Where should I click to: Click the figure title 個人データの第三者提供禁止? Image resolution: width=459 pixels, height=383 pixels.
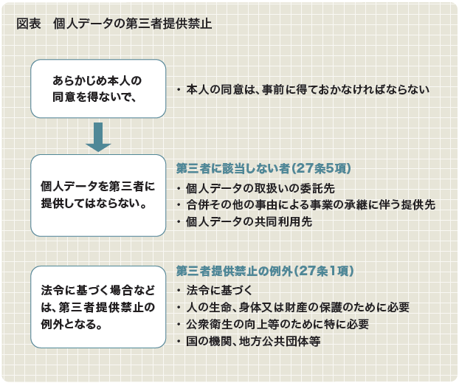(x=133, y=24)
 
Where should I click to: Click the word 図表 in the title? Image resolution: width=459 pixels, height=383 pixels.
(x=29, y=24)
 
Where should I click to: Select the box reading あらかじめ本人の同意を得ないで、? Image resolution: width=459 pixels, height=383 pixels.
(x=98, y=89)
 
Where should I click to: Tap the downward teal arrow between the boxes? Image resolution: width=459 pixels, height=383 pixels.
(x=98, y=137)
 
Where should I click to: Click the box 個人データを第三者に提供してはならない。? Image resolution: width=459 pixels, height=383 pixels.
(x=98, y=196)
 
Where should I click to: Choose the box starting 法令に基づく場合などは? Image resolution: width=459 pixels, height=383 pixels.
(x=98, y=307)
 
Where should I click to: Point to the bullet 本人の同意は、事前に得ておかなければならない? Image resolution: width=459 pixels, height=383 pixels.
(x=303, y=89)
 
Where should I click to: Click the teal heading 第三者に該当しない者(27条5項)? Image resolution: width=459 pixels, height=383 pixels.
(x=263, y=168)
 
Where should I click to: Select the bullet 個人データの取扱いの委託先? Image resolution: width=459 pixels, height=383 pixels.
(x=256, y=188)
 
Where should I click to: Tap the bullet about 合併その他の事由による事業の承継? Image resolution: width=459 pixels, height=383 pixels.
(x=306, y=204)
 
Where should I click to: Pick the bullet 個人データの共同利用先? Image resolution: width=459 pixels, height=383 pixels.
(x=244, y=221)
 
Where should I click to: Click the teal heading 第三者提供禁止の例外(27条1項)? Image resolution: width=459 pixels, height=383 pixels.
(x=265, y=271)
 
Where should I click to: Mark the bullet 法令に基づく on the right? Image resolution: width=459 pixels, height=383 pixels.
(x=214, y=291)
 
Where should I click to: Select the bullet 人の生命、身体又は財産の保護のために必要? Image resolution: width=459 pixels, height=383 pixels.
(x=293, y=307)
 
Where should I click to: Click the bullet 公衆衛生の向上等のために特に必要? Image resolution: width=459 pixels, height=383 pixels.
(x=272, y=324)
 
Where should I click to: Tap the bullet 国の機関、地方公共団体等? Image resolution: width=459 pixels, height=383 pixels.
(x=249, y=341)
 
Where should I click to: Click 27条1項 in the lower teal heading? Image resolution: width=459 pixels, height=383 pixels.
(x=325, y=271)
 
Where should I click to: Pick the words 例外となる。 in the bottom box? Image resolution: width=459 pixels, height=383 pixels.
(x=72, y=324)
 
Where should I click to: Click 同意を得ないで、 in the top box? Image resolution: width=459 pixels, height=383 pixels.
(x=94, y=97)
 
